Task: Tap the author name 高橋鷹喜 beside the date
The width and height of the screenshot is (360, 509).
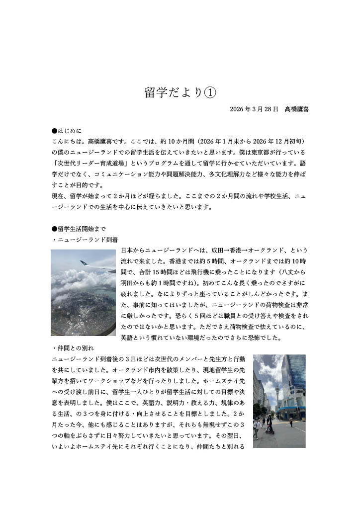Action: coord(297,109)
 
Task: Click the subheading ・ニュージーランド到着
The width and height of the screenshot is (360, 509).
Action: coord(85,240)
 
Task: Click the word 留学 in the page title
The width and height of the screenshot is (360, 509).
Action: coord(154,93)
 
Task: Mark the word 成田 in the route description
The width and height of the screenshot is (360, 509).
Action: coord(218,250)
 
